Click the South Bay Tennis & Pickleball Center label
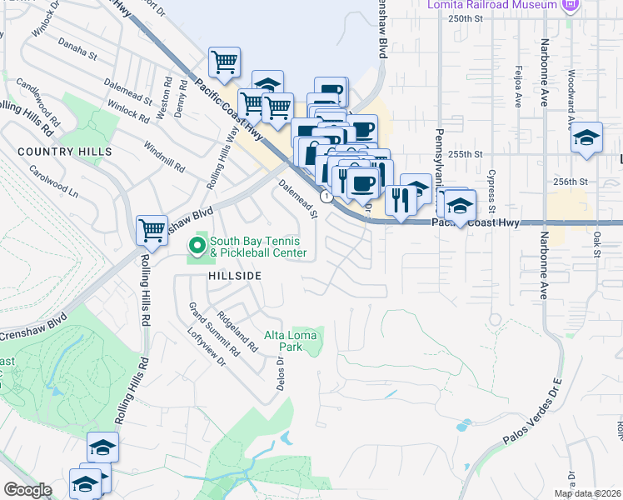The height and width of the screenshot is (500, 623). pyautogui.click(x=258, y=247)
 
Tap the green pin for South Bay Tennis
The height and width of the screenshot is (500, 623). pyautogui.click(x=197, y=246)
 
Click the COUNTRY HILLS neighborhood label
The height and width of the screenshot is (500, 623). pyautogui.click(x=64, y=152)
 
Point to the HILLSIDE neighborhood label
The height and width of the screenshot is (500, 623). pyautogui.click(x=236, y=276)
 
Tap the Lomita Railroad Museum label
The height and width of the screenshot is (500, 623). pyautogui.click(x=500, y=5)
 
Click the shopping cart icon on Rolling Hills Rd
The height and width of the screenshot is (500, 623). pyautogui.click(x=152, y=229)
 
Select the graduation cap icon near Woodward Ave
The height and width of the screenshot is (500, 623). pyautogui.click(x=586, y=138)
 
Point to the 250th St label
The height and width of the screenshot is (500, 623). pyautogui.click(x=465, y=17)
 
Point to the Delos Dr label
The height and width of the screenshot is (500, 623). pyautogui.click(x=281, y=372)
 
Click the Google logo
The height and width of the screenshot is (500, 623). pyautogui.click(x=27, y=490)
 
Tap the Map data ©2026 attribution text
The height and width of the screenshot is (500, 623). pyautogui.click(x=587, y=493)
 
